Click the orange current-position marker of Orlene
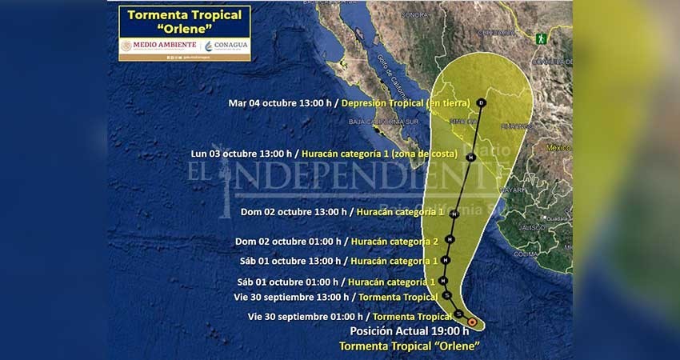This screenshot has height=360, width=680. [472, 322]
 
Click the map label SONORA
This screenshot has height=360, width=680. [415, 14]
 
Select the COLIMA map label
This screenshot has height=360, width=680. [526, 254]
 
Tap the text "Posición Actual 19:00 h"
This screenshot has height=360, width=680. [409, 331]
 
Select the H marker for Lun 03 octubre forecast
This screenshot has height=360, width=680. [470, 158]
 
